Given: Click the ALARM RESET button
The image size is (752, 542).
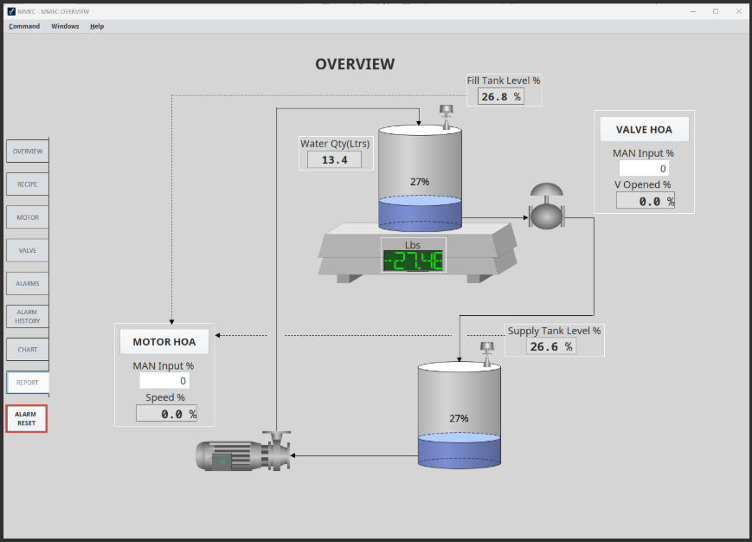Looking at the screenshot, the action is tap(26, 419).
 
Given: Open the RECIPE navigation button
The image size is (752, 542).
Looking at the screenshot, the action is tap(28, 184).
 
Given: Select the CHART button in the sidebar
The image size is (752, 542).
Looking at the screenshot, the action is tap(28, 350).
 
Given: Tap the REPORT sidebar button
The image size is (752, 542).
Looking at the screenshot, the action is tap(28, 383).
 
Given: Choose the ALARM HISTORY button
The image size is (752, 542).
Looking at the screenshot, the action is tap(28, 317).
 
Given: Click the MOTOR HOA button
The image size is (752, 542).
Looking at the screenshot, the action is tap(164, 342).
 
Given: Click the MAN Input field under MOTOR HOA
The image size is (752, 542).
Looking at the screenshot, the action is tap(164, 381).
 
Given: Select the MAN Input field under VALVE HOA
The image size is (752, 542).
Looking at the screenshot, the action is tap(644, 168).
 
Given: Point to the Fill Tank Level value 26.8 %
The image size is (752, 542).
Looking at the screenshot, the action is tap(501, 97).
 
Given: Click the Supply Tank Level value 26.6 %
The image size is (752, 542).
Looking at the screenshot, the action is tap(551, 347).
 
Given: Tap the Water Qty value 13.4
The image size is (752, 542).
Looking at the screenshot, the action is tap(334, 159).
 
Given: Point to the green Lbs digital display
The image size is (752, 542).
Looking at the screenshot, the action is tap(413, 261).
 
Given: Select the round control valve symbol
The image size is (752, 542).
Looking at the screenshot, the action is tap(546, 207).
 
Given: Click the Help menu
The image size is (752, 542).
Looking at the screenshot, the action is tap(97, 26).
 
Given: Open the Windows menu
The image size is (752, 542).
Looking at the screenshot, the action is tap(65, 26).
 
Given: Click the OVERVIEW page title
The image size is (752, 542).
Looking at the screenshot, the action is tap(355, 64).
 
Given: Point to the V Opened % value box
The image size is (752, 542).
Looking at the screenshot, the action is tap(646, 201).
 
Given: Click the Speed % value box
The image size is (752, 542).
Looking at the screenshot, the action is tap(166, 414).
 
